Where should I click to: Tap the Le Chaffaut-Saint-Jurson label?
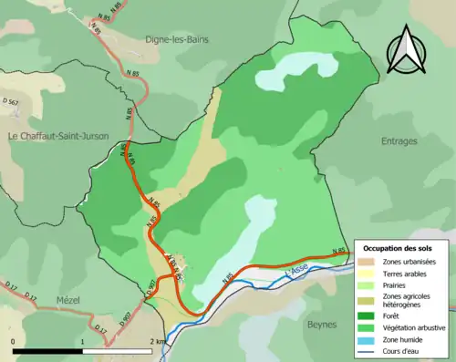point(58,137)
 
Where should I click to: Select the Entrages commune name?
point(399,141)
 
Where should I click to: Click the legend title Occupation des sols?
point(399,248)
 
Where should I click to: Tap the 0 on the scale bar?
point(14,342)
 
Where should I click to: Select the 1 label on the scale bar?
point(83,342)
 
